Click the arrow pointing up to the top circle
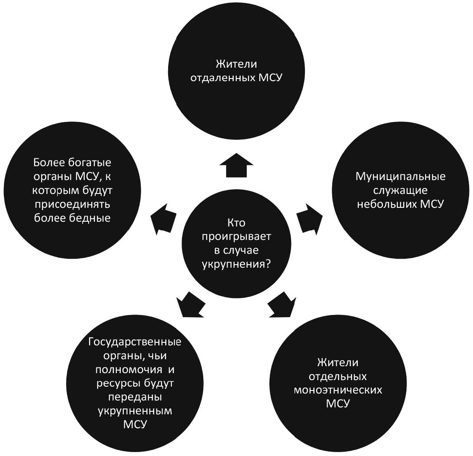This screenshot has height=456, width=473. [x=236, y=166]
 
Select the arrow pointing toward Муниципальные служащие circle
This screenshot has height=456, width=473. [x=310, y=218]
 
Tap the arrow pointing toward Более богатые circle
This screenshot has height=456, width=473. [x=163, y=219]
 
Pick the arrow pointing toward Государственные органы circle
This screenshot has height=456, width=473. [x=190, y=305]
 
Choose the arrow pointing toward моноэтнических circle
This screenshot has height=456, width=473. [x=282, y=304]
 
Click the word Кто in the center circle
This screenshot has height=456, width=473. [x=236, y=223]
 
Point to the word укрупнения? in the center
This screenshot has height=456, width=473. [x=236, y=264]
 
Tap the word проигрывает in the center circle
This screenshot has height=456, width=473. [x=236, y=237]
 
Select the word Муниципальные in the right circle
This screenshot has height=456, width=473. [x=400, y=176]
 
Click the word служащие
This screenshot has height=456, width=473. [x=400, y=190]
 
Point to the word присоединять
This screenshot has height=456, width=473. [x=73, y=204]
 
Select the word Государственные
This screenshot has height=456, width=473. [x=135, y=342]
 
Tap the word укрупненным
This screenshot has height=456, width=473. [x=135, y=411]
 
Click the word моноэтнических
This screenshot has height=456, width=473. [x=338, y=390]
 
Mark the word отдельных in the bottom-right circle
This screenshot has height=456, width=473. [x=338, y=377]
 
